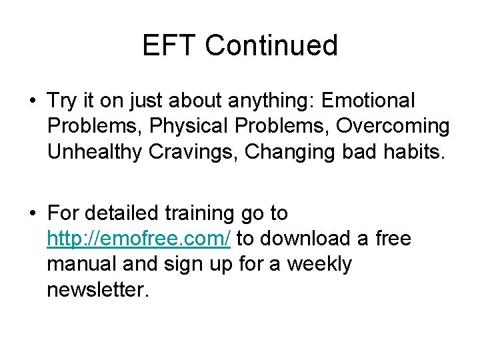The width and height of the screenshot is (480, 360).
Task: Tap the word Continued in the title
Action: tap(271, 46)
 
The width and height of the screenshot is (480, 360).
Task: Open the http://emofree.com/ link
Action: tap(139, 239)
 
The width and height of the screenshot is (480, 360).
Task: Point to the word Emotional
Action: tap(368, 101)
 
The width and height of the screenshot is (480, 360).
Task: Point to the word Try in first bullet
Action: tap(62, 102)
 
